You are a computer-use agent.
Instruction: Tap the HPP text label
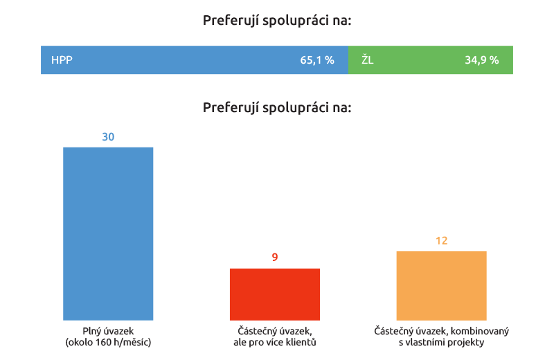pyautogui.click(x=62, y=60)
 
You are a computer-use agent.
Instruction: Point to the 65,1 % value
pyautogui.click(x=317, y=60)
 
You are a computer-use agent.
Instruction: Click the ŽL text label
pyautogui.click(x=367, y=60)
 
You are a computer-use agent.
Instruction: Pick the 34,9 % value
pyautogui.click(x=481, y=60)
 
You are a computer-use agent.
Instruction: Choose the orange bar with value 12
pyautogui.click(x=441, y=285)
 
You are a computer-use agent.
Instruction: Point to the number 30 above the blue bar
pyautogui.click(x=108, y=137)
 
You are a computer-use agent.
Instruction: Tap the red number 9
pyautogui.click(x=275, y=258)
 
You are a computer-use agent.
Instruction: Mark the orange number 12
pyautogui.click(x=441, y=241)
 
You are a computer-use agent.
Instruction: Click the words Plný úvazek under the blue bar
pyautogui.click(x=108, y=332)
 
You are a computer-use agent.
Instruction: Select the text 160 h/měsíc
pyautogui.click(x=128, y=342)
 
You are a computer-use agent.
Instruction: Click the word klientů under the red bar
pyautogui.click(x=302, y=342)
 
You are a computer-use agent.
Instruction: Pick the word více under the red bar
pyautogui.click(x=272, y=342)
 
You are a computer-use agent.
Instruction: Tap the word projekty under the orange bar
pyautogui.click(x=465, y=342)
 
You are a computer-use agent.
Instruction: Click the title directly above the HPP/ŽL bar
pyautogui.click(x=277, y=20)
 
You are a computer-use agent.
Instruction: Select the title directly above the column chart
pyautogui.click(x=277, y=107)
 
